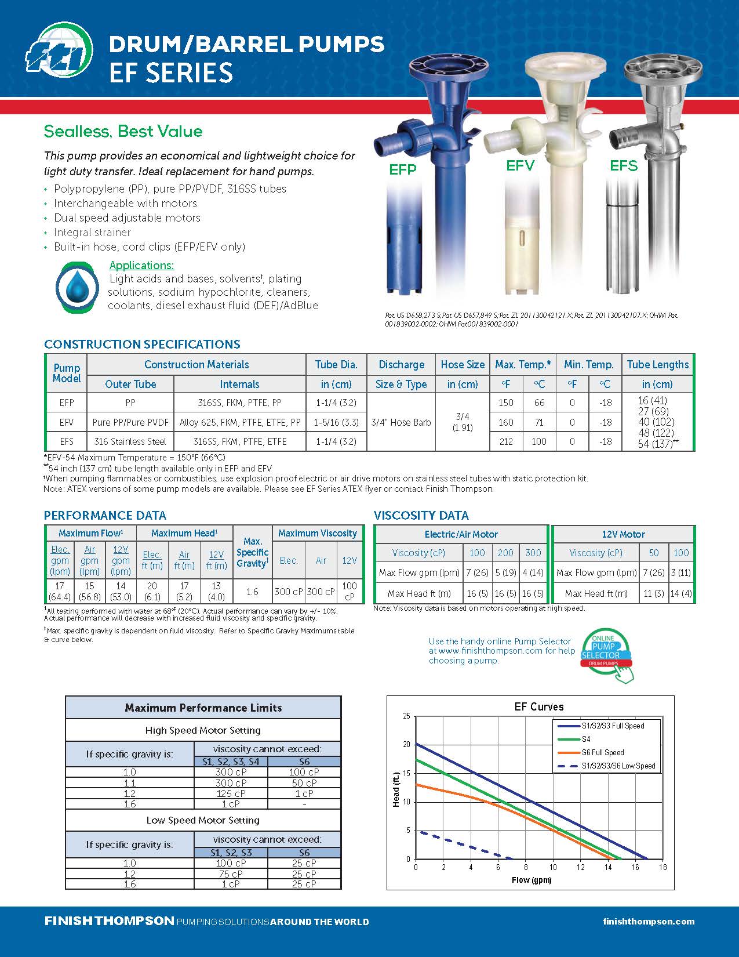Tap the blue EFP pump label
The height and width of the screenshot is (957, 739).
(403, 169)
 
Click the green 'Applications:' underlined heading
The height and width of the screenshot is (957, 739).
(141, 266)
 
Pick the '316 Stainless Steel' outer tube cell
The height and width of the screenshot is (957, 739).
(130, 441)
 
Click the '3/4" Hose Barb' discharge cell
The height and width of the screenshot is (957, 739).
(401, 422)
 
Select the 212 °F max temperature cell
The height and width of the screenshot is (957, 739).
(506, 441)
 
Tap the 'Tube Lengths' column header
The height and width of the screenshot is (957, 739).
(657, 365)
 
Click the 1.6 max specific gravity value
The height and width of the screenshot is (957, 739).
(252, 592)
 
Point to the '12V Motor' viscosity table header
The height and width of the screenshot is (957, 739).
(623, 534)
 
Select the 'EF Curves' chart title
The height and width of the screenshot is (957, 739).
(539, 706)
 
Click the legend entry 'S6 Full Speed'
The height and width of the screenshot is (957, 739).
(603, 752)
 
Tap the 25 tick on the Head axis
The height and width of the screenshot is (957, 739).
(406, 716)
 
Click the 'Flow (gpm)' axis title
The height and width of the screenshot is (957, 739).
(532, 880)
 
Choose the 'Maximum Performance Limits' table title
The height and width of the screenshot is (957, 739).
(203, 708)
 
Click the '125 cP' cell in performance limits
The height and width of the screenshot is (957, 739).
(231, 793)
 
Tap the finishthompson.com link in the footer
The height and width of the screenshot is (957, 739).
(649, 922)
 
